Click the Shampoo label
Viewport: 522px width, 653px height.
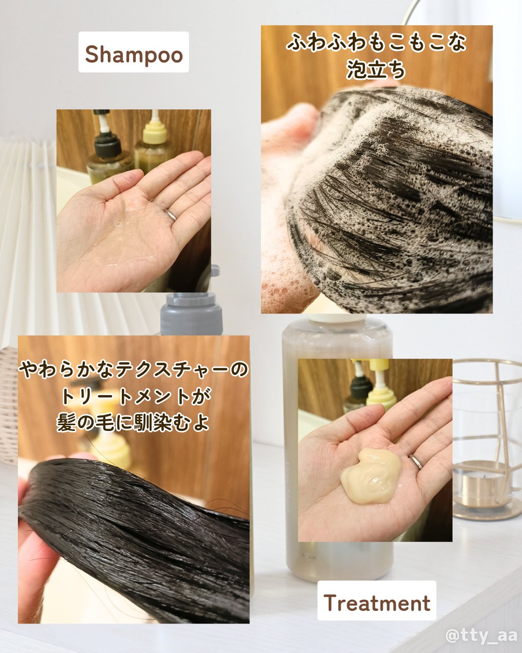tap(133, 53)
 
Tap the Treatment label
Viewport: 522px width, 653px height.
tap(377, 602)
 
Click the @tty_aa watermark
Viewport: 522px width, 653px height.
tap(481, 635)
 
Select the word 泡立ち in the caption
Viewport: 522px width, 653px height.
tap(376, 70)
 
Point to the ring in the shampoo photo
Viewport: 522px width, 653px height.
tap(172, 215)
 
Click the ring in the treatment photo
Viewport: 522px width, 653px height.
tap(416, 461)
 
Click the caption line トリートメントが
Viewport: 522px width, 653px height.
tap(135, 397)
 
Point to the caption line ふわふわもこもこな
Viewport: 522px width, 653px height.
tap(376, 43)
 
